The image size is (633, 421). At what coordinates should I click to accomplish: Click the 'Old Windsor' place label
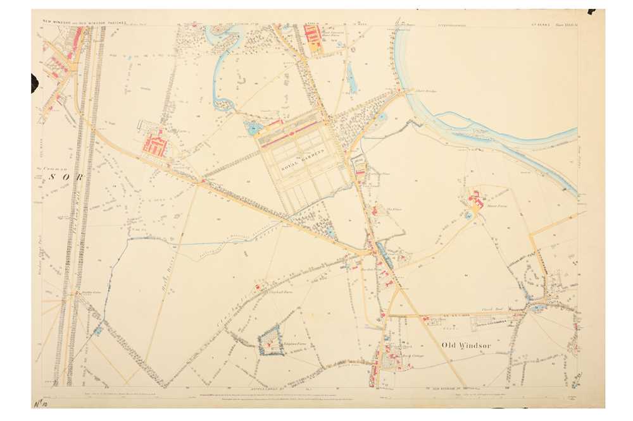coord(467,345)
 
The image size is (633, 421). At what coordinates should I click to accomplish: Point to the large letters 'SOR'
coord(64,178)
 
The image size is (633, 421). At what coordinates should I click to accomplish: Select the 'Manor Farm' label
coord(498,205)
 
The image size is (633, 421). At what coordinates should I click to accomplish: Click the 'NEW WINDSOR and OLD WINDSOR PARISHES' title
coord(84,21)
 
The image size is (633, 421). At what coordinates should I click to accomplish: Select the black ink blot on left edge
coord(34,82)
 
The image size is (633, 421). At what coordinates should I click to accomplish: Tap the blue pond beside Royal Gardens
coord(254,130)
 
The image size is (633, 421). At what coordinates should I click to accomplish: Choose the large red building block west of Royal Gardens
coord(155,144)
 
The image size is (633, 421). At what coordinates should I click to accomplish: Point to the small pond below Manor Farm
coord(468,217)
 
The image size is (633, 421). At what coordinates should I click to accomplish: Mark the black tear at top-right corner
coord(591,11)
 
